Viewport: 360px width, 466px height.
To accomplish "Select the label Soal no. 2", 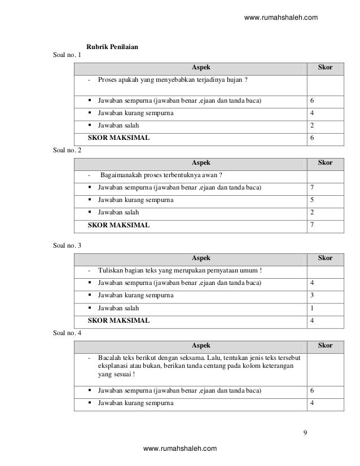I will pos(67,151).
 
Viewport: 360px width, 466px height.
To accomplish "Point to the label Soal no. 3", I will pos(67,245).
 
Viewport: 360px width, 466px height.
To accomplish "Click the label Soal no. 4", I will pos(67,333).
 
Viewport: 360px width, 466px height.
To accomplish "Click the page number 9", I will pos(305,433).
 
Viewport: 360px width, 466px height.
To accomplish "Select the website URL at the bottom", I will pos(180,449).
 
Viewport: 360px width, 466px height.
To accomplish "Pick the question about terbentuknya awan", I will pos(162,174).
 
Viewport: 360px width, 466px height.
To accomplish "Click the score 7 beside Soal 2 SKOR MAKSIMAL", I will pos(311,225).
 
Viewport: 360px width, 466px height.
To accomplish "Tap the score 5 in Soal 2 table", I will pos(311,200).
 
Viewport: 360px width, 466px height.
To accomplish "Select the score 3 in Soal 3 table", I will pos(311,295).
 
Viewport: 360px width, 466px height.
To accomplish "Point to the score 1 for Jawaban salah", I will pos(311,308).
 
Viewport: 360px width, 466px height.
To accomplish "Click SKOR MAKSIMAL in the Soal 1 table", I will pos(118,138).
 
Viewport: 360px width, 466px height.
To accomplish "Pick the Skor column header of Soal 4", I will pos(325,345).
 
